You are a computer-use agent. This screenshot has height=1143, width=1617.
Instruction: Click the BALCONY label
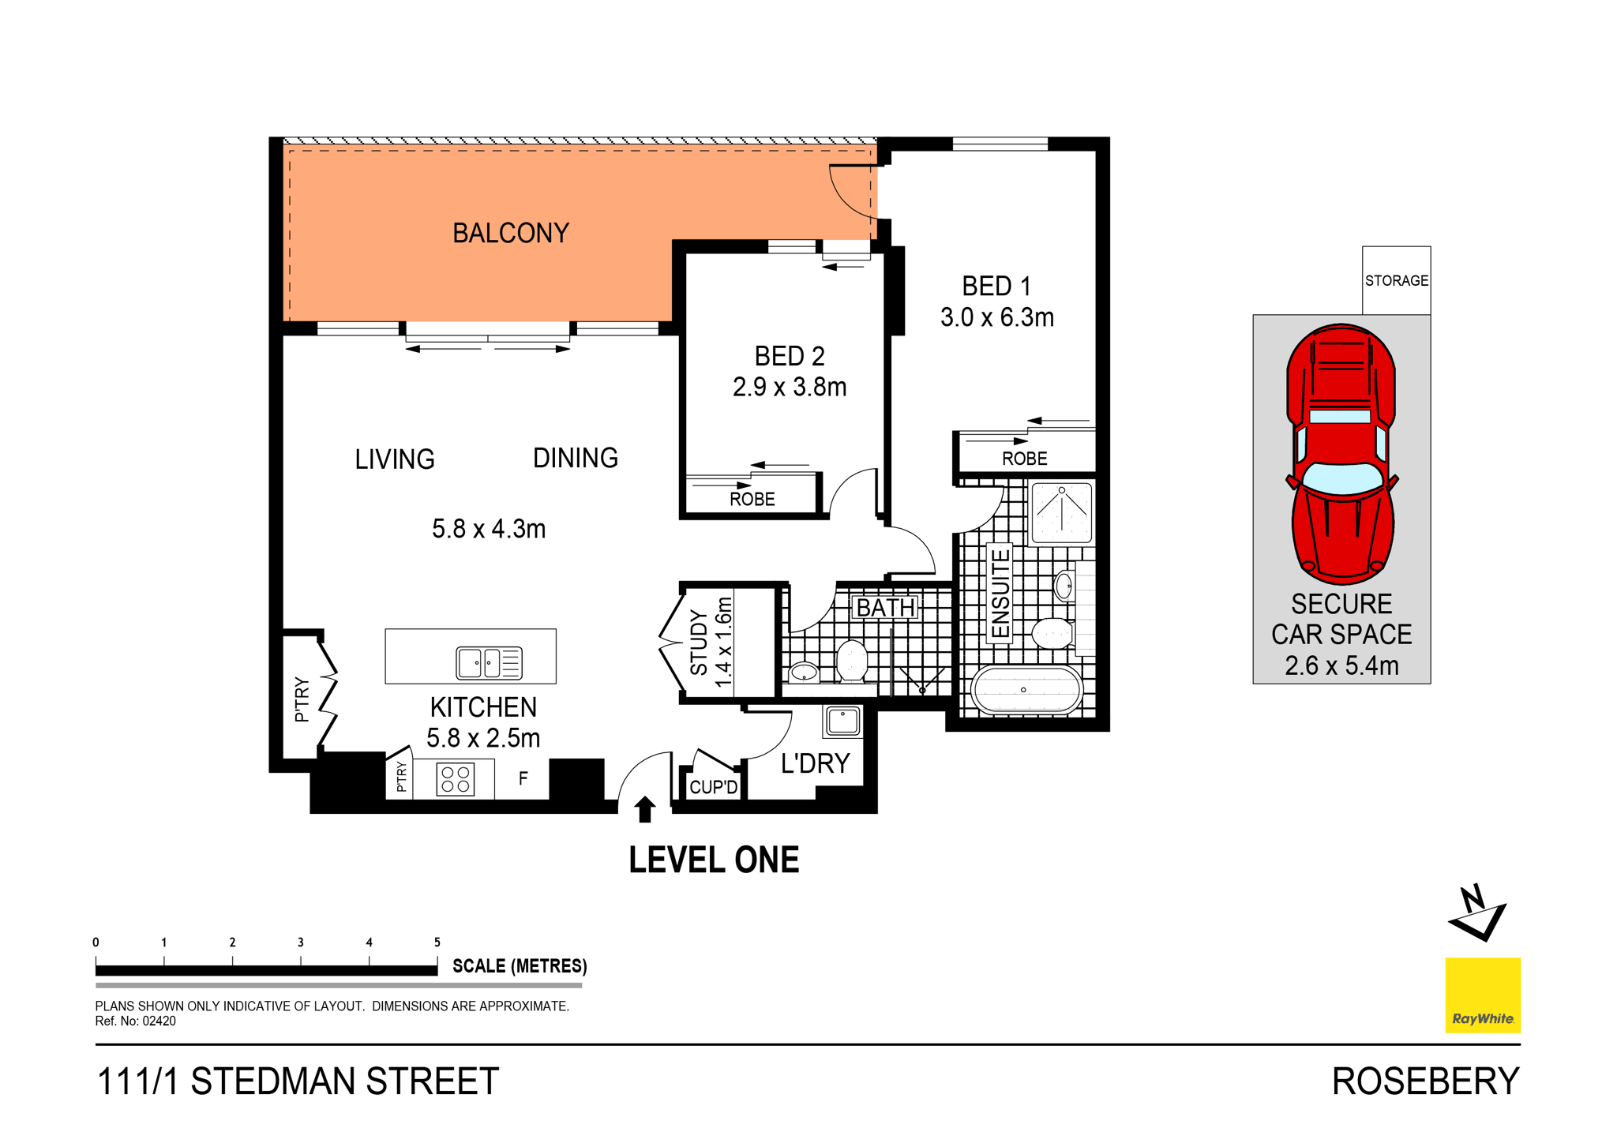coord(510,233)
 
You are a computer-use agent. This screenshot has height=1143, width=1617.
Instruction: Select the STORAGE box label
coord(1396,280)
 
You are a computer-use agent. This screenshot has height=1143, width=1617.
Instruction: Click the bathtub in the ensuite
coord(1025,689)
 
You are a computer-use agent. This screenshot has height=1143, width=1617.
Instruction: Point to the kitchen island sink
coord(489,662)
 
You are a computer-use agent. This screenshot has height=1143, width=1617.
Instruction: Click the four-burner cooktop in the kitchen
coord(456,778)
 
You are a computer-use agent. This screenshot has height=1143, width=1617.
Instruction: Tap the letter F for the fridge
coord(523,779)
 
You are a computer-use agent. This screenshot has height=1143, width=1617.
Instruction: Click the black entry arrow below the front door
coord(645,809)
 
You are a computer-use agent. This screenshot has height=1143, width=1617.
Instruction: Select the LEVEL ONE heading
coord(713,860)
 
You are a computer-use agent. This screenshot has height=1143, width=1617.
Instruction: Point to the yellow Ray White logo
coord(1482,995)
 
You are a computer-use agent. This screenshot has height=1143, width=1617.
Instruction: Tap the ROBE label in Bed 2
coord(752,499)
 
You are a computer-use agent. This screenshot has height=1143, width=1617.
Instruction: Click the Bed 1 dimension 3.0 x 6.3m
coord(996,317)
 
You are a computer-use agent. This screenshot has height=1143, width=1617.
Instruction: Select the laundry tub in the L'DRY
coord(842,721)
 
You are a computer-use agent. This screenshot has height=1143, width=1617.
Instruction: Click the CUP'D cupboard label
coord(713,787)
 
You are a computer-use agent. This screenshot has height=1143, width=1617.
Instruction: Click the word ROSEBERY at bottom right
coord(1424,1081)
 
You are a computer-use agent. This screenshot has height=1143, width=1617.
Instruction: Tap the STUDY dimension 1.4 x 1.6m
coord(723,642)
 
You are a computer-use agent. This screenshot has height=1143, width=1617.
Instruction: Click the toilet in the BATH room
coord(852,660)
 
